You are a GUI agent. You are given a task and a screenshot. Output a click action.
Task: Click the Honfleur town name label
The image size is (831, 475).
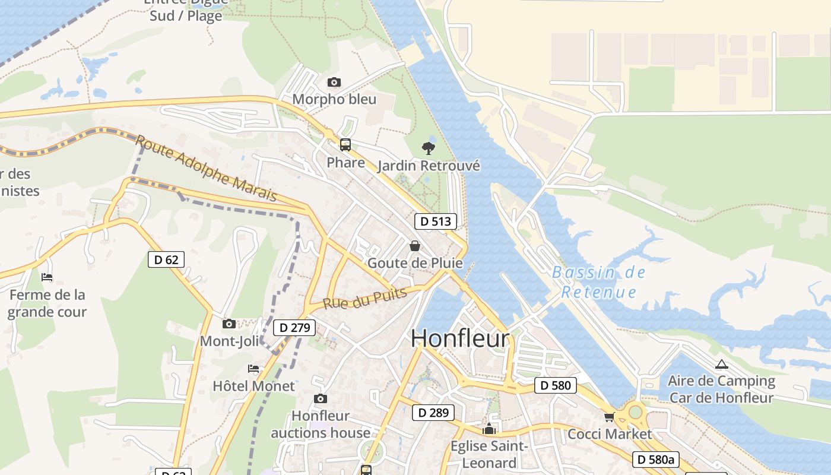pos(460,338)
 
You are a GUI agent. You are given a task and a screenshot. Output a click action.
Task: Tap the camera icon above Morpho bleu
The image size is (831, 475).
pos(334,83)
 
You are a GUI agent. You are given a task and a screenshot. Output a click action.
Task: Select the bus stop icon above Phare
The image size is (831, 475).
pos(345,145)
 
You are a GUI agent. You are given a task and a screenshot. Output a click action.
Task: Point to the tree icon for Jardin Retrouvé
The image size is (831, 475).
pos(428,148)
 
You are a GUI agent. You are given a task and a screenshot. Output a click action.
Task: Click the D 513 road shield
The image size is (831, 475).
pos(435,221)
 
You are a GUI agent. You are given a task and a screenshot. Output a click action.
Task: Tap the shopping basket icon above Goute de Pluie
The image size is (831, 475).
pos(415,246)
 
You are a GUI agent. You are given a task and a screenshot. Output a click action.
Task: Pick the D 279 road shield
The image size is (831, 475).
pos(294,327)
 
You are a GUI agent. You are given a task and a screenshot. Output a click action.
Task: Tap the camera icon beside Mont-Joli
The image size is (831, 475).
pos(229,324)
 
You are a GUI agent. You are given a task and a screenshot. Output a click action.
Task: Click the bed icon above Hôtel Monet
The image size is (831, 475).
pos(253,369)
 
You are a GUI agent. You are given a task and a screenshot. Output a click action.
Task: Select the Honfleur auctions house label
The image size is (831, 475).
pos(321,424)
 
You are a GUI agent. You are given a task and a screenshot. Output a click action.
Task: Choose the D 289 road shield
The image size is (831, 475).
pos(433,413)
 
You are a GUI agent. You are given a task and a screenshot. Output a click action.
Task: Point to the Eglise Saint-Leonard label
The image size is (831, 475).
pos(489,454)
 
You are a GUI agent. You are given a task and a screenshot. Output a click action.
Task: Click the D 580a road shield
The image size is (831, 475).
pos(655,459)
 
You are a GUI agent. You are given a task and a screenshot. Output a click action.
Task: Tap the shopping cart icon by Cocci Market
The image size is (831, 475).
pos(609,417)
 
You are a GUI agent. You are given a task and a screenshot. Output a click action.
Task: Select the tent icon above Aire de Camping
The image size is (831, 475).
pos(721,364)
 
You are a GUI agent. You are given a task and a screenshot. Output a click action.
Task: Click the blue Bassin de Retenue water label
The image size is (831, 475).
pos(598,282)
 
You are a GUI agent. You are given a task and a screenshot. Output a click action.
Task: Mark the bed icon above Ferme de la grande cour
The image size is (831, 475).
pos(47,277)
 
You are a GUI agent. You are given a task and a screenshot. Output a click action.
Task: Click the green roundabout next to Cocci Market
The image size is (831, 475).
pos(636,411)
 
